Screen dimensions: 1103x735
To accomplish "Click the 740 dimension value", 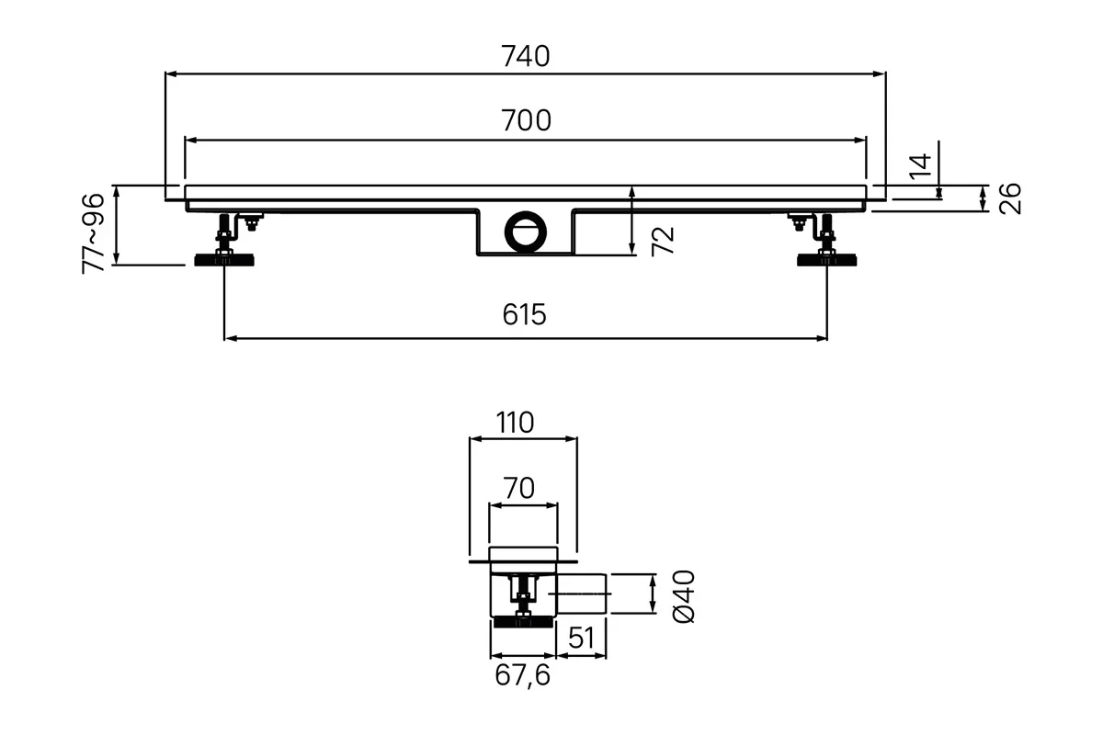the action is [526, 56].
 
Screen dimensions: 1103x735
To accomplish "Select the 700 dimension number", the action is [526, 120].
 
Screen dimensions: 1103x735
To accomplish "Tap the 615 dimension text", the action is [525, 314].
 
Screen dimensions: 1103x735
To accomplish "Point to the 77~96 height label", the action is [93, 233].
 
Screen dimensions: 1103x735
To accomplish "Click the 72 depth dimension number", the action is [663, 242].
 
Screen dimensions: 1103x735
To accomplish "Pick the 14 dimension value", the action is [920, 166].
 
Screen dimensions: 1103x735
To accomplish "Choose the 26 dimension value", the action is [1010, 198].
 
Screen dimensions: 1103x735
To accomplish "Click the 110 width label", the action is [515, 423].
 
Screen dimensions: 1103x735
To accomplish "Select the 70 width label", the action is [519, 489].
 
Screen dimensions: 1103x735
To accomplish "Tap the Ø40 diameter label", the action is [684, 596].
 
